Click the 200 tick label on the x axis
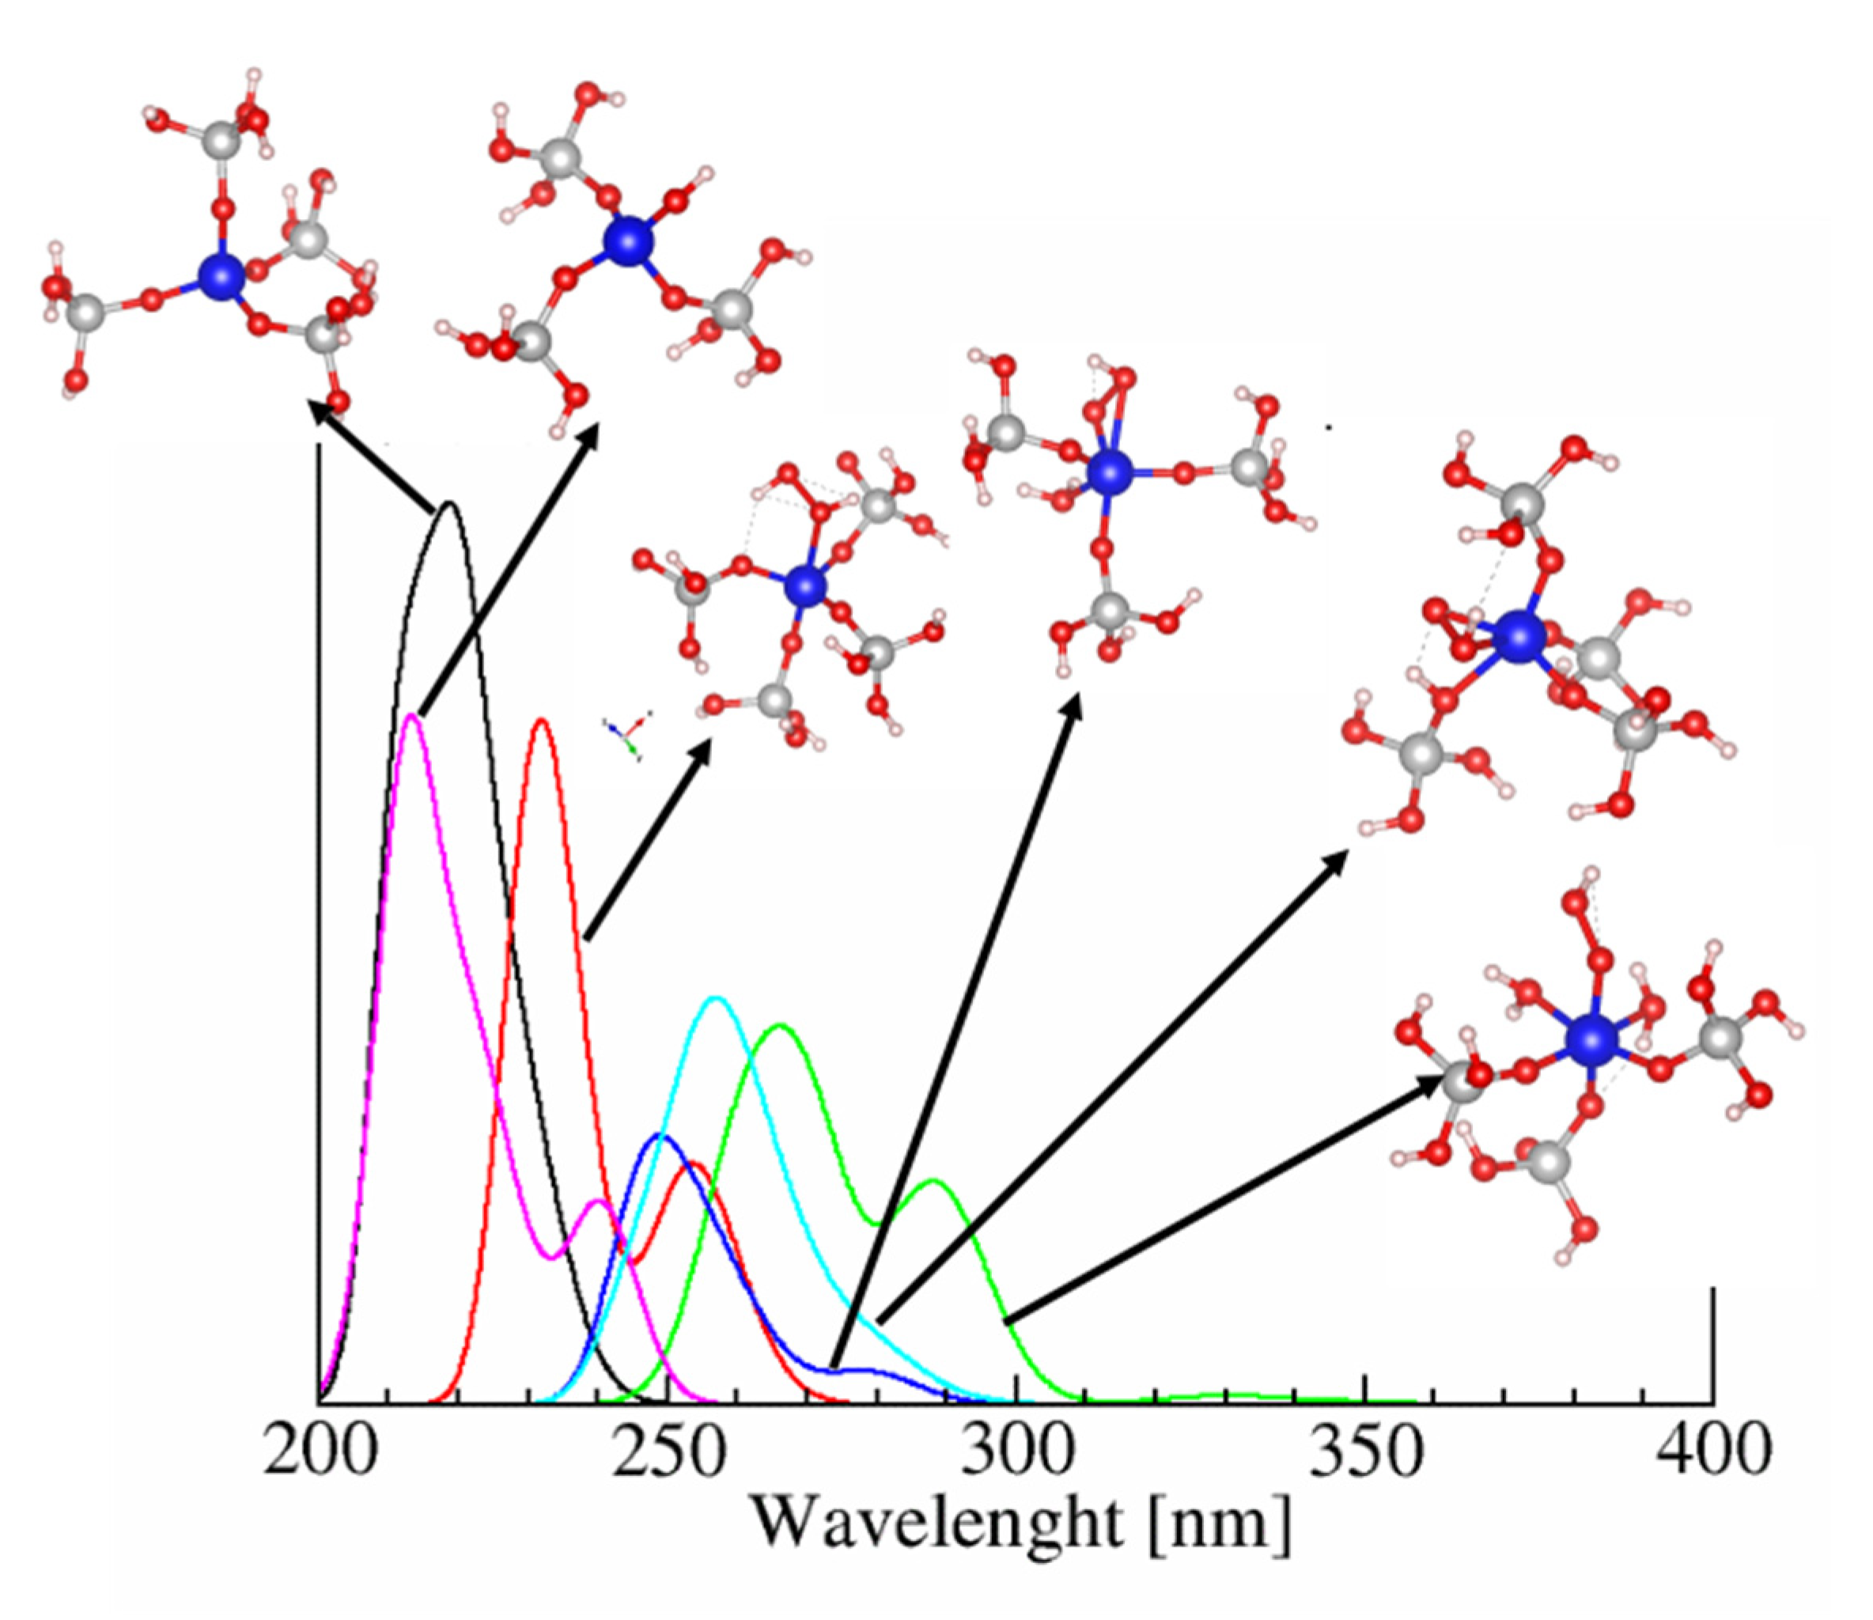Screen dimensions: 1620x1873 click(x=318, y=1451)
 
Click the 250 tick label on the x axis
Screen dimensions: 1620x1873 click(x=667, y=1451)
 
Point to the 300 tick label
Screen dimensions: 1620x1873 click(x=1016, y=1451)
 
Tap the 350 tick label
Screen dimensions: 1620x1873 click(x=1365, y=1451)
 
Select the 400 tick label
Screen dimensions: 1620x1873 click(x=1713, y=1451)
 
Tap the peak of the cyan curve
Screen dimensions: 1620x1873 click(x=716, y=998)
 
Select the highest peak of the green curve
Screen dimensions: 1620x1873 click(x=780, y=1025)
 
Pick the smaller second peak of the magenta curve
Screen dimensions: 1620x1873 click(x=596, y=1202)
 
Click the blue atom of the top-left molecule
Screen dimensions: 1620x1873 click(x=221, y=277)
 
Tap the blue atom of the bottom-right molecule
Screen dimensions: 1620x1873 click(x=1591, y=1039)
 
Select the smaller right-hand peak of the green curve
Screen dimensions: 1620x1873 click(x=934, y=1181)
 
